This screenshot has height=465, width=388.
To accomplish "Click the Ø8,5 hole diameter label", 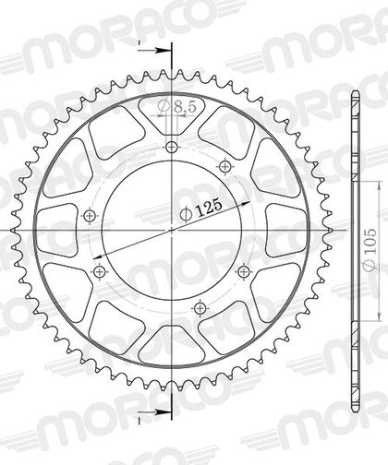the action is click(176, 107).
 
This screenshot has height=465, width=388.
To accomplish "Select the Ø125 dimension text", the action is click(201, 210).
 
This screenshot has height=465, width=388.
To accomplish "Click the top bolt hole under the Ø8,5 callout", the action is click(172, 148).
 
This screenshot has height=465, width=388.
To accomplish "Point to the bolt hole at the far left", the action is click(91, 216).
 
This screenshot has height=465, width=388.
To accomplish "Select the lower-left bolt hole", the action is click(99, 271).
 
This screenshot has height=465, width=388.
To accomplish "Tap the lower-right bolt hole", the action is click(244, 271).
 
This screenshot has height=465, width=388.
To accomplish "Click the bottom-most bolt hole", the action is click(200, 307).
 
